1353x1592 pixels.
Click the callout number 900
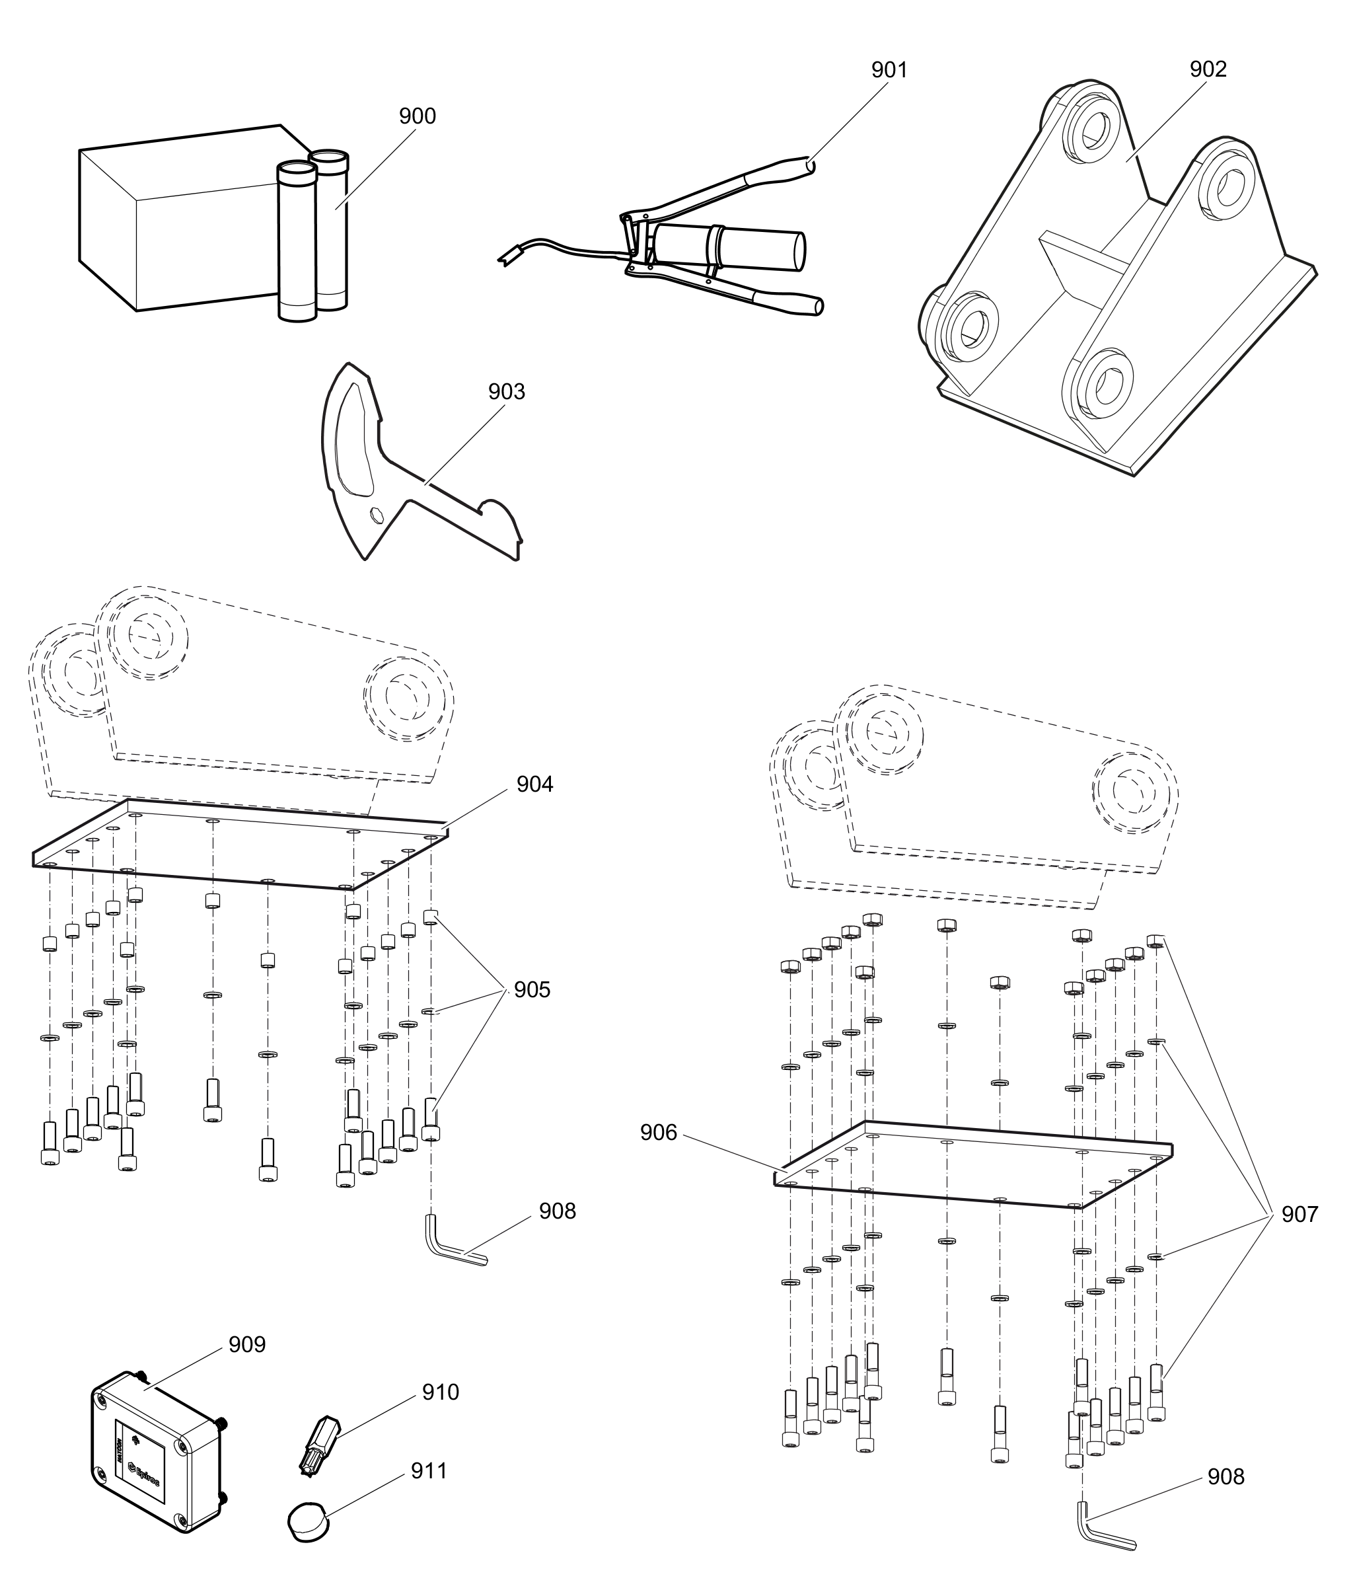coord(418,116)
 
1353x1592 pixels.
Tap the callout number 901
coord(889,71)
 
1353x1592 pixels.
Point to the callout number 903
coord(506,392)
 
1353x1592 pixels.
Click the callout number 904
coord(534,784)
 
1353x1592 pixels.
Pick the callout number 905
coord(532,990)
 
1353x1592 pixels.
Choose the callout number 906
coord(659,1133)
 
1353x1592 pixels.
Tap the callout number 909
coord(247,1344)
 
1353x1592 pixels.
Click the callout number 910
coord(440,1392)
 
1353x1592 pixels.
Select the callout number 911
coord(429,1471)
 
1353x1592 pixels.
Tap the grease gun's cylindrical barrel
coord(729,247)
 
